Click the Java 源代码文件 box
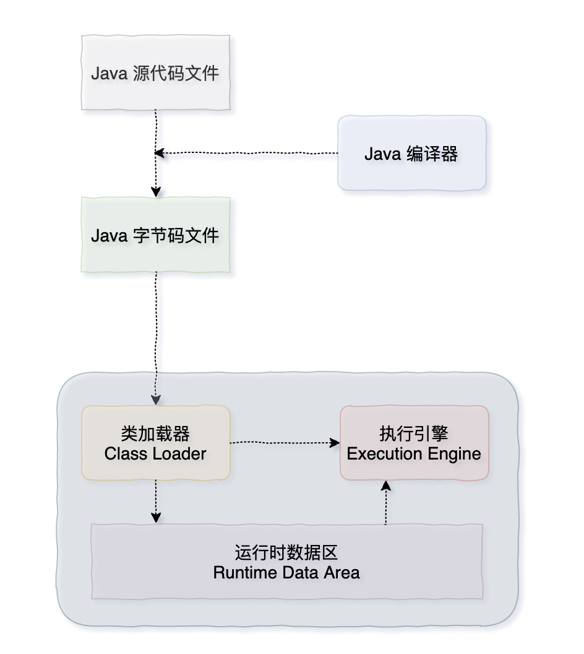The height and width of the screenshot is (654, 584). tap(155, 72)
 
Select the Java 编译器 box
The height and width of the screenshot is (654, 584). tap(411, 153)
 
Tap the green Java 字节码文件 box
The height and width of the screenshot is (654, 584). tap(155, 235)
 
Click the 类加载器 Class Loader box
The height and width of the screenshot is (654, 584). tap(155, 443)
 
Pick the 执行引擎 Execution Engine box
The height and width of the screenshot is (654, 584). tap(414, 443)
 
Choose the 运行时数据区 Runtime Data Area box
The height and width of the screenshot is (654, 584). tap(286, 561)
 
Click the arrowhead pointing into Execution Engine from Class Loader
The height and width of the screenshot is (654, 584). tap(335, 443)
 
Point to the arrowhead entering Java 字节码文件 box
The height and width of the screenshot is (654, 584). tap(156, 191)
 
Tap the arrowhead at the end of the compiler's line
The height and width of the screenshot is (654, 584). tap(160, 153)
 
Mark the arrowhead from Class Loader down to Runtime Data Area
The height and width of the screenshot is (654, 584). tap(156, 517)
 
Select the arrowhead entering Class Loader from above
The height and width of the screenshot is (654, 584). tap(156, 399)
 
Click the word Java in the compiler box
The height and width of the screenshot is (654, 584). tap(382, 154)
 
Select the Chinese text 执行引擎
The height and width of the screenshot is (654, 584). tap(413, 433)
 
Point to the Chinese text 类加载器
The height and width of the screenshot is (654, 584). tap(155, 433)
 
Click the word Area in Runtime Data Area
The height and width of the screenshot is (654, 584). tap(341, 572)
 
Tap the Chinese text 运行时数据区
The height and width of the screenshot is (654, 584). tap(286, 551)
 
